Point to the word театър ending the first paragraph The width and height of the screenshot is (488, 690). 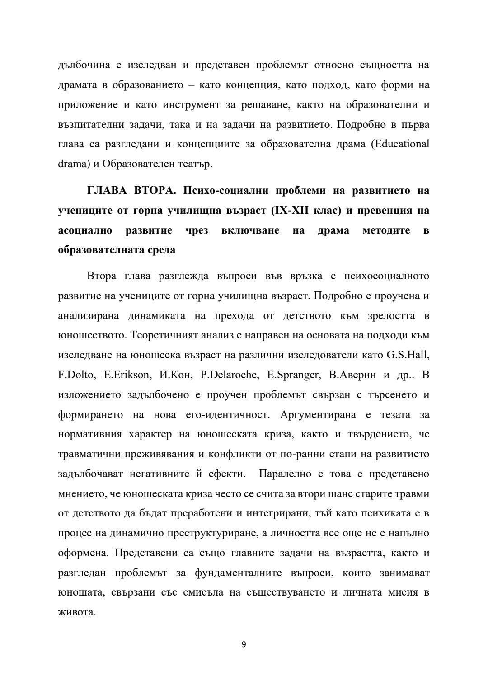196,164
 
